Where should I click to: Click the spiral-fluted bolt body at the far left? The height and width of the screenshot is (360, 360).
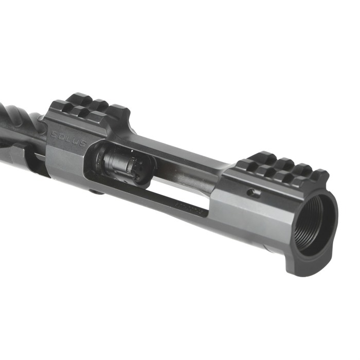tap(18, 123)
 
